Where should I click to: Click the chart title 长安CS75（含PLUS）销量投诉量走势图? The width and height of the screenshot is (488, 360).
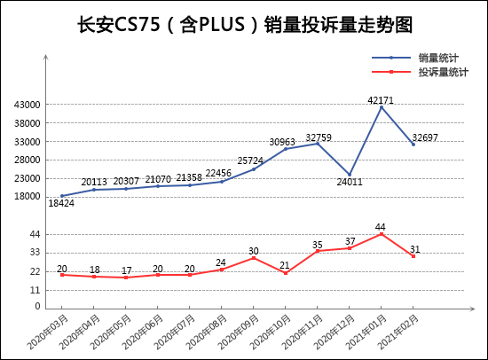tap(243, 24)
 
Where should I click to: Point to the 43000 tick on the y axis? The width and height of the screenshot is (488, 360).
tap(28, 105)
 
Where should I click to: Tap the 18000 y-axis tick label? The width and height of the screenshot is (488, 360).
tap(28, 197)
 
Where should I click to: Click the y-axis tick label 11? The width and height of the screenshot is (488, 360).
tap(35, 289)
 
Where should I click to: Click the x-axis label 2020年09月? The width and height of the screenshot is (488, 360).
tap(238, 330)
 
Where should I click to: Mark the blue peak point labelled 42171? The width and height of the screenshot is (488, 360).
tap(382, 106)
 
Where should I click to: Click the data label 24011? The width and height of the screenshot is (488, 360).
tap(350, 183)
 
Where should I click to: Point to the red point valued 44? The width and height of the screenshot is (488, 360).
tap(382, 234)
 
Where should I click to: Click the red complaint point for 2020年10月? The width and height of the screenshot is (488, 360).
tap(286, 272)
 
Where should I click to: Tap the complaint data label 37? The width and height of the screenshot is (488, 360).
tap(350, 240)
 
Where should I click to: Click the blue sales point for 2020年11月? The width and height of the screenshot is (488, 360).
tap(318, 144)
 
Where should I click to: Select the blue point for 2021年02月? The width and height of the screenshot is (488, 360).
tap(413, 144)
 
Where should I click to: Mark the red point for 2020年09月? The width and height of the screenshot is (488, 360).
tap(254, 257)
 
